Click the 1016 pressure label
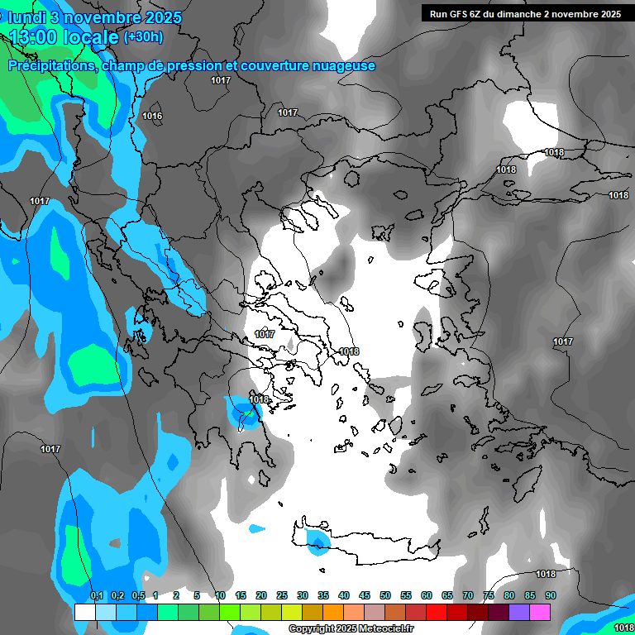[152, 116]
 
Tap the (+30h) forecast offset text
[143, 36]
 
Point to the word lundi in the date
[26, 17]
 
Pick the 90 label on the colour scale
[550, 596]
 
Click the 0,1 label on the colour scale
[97, 596]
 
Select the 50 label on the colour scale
[385, 596]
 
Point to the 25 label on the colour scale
[282, 596]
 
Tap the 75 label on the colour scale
[489, 596]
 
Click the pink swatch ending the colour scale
[540, 612]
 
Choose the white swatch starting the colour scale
[85, 612]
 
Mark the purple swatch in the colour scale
[519, 612]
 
